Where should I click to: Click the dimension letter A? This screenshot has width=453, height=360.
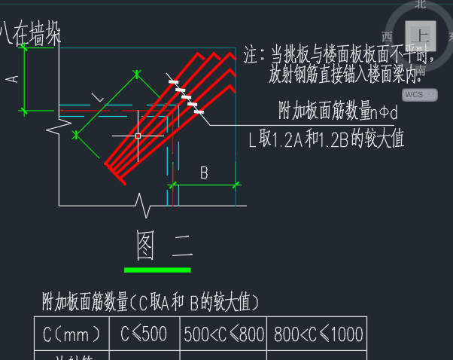tap(11, 78)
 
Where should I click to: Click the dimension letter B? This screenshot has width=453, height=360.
tap(204, 173)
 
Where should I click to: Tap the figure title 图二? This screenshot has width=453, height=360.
tap(163, 245)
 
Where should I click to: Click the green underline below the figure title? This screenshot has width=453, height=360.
tap(157, 270)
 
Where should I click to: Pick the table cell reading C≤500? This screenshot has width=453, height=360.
tap(144, 334)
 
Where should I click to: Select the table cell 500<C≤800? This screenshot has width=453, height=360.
tap(223, 334)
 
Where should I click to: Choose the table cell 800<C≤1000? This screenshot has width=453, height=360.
tap(315, 334)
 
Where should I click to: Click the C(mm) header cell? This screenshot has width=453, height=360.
tap(71, 334)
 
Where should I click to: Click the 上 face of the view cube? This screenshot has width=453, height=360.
tap(421, 35)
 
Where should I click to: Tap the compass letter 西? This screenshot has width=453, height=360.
tap(388, 35)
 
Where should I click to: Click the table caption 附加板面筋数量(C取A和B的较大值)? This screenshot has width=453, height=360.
tap(150, 304)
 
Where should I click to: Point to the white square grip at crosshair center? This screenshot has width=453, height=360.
tap(138, 136)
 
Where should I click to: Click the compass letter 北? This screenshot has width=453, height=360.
tap(421, 4)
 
